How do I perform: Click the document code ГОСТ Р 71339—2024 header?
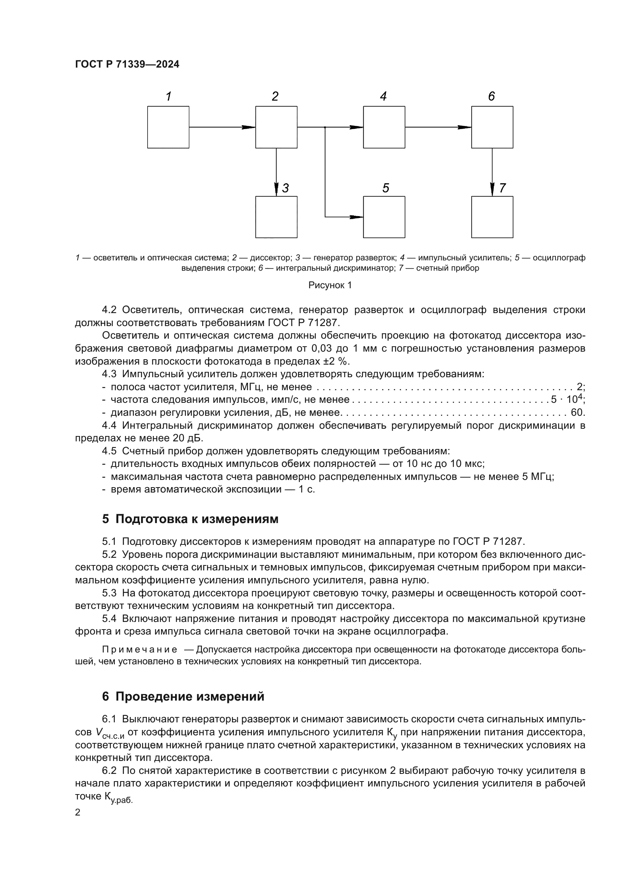click(127, 65)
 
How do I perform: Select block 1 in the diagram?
click(168, 127)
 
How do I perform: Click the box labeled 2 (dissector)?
click(276, 127)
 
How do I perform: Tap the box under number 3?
click(276, 217)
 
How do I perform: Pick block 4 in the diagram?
click(384, 127)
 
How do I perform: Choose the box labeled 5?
click(384, 217)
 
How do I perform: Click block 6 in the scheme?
click(492, 127)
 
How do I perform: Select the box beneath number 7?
click(492, 217)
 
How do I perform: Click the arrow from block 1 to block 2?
click(222, 127)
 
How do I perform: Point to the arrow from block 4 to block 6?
click(438, 127)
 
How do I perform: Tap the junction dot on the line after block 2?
click(325, 127)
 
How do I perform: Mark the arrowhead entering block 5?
click(357, 217)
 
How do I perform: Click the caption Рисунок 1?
click(330, 286)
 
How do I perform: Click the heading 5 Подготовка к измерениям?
click(190, 519)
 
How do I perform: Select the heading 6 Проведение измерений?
click(183, 697)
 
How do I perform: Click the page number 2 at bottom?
click(78, 812)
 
